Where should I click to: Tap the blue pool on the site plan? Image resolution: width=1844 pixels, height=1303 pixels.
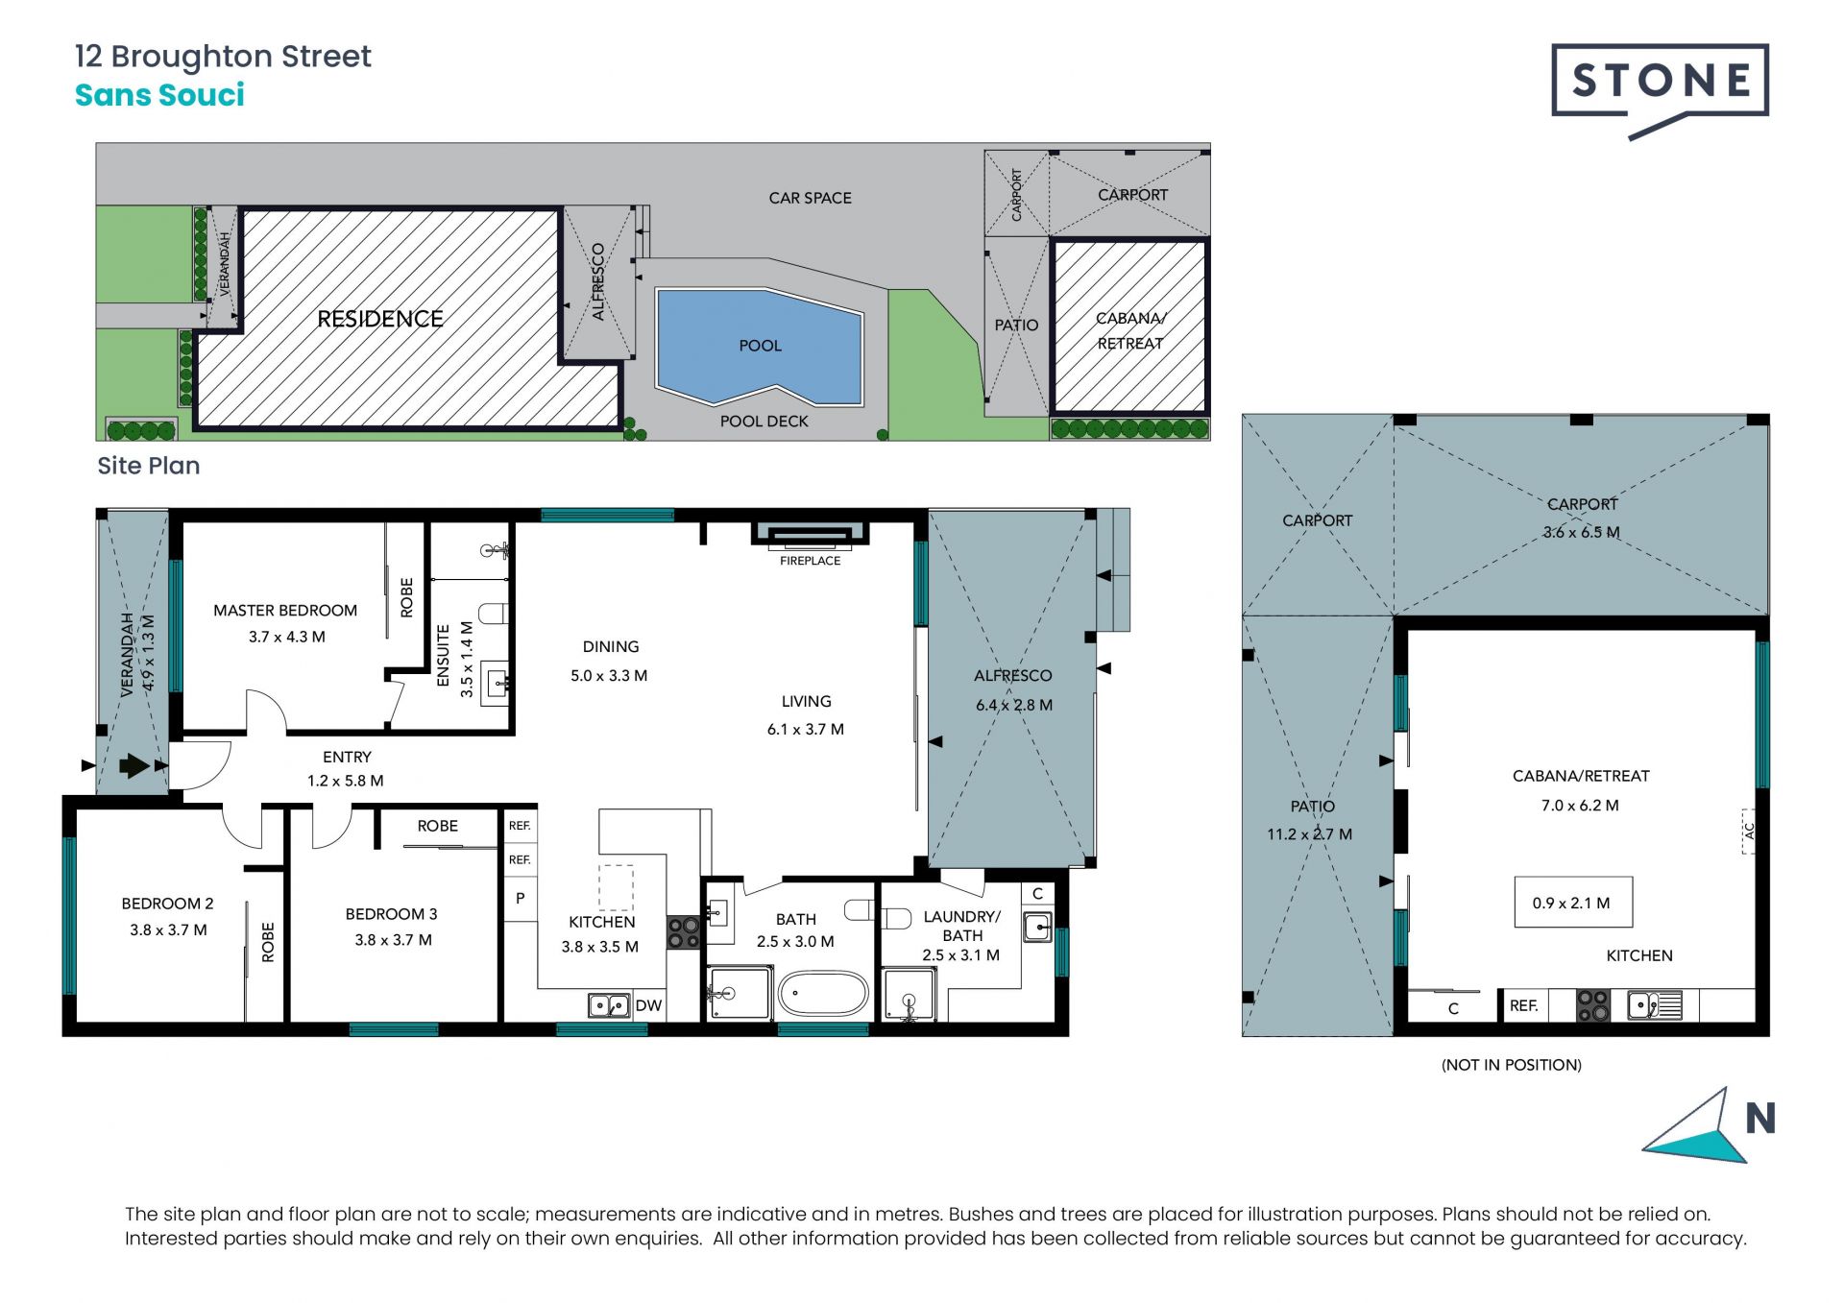tap(759, 346)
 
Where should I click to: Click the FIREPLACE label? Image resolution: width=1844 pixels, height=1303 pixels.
tap(810, 561)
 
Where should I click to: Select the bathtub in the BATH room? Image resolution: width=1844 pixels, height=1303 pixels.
tap(823, 994)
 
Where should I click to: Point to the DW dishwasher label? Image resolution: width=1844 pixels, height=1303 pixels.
tap(648, 1005)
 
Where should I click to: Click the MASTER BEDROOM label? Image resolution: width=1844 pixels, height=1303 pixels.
tap(285, 611)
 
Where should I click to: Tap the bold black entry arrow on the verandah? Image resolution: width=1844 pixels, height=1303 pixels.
tap(134, 765)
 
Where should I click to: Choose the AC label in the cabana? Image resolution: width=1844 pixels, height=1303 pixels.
tap(1749, 831)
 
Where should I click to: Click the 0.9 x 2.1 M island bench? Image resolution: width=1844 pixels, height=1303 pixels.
tap(1573, 902)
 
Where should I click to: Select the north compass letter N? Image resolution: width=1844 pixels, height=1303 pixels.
tap(1759, 1118)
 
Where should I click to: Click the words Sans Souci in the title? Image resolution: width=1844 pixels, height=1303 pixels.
tap(159, 95)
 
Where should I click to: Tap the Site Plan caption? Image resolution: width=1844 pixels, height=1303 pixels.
tap(149, 466)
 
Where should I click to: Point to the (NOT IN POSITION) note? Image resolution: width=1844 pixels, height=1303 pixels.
tap(1511, 1065)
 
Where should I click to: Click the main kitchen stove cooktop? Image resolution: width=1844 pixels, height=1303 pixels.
tap(683, 932)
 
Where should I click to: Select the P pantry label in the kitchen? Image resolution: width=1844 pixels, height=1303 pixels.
tap(520, 899)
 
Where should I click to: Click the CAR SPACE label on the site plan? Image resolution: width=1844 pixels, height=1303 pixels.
tap(810, 199)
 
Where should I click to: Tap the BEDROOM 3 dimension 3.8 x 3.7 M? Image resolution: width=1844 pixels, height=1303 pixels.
tap(393, 940)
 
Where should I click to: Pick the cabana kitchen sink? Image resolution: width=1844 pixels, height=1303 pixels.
tap(1654, 1005)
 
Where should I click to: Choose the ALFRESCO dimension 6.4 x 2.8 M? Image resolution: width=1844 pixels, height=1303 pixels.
tap(1014, 705)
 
